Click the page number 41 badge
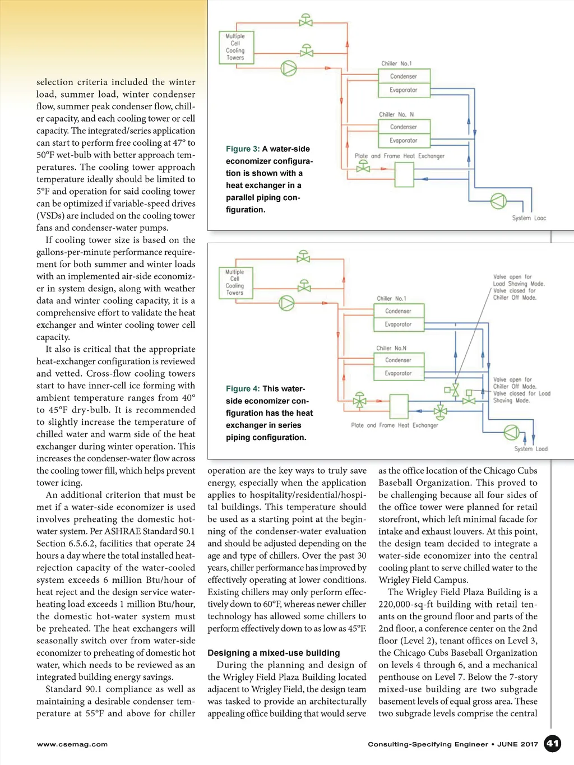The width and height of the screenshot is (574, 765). pyautogui.click(x=553, y=743)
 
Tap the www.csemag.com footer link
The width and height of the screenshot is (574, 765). pyautogui.click(x=72, y=744)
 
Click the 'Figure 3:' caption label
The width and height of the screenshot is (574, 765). pyautogui.click(x=243, y=149)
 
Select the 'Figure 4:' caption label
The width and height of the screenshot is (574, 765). pyautogui.click(x=243, y=389)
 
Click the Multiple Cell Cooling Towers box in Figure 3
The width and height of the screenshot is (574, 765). pyautogui.click(x=235, y=47)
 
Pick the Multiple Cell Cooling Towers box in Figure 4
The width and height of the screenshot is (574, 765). pyautogui.click(x=235, y=282)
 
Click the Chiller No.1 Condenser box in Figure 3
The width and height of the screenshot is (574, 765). pyautogui.click(x=404, y=76)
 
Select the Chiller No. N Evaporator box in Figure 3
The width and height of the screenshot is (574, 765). pyautogui.click(x=404, y=141)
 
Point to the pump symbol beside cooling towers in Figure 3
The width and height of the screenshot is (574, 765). pyautogui.click(x=289, y=68)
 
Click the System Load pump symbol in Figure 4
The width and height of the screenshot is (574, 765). pyautogui.click(x=511, y=432)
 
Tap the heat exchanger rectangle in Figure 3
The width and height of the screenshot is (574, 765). pyautogui.click(x=404, y=174)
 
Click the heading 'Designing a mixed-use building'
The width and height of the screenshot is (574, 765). pyautogui.click(x=274, y=653)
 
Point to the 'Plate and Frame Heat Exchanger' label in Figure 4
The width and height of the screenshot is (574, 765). pyautogui.click(x=395, y=425)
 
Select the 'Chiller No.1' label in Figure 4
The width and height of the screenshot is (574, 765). pyautogui.click(x=391, y=299)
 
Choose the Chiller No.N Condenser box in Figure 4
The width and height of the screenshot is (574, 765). pyautogui.click(x=398, y=360)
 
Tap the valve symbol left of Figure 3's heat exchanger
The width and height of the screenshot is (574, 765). pyautogui.click(x=363, y=166)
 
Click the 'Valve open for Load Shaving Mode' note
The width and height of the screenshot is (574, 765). pyautogui.click(x=519, y=280)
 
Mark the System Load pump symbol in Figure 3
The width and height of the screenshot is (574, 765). pyautogui.click(x=498, y=201)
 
